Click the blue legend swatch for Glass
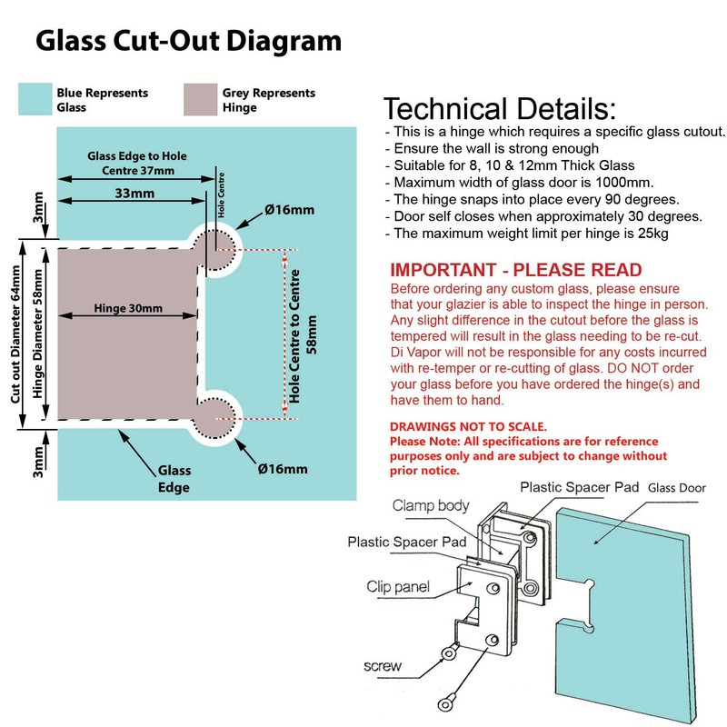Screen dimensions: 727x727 point(35,99)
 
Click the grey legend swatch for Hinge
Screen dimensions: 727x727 point(199,99)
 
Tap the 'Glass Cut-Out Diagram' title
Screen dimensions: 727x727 point(188,41)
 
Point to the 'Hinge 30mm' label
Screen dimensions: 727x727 point(128,309)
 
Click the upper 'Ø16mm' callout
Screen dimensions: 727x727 point(289,211)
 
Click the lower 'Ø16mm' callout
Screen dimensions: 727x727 point(282,469)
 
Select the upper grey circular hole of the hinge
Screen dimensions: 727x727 point(218,244)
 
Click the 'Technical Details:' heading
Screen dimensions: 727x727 point(499,109)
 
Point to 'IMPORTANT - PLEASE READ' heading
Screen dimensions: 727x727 point(515,270)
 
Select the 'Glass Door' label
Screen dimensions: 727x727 point(680,487)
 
